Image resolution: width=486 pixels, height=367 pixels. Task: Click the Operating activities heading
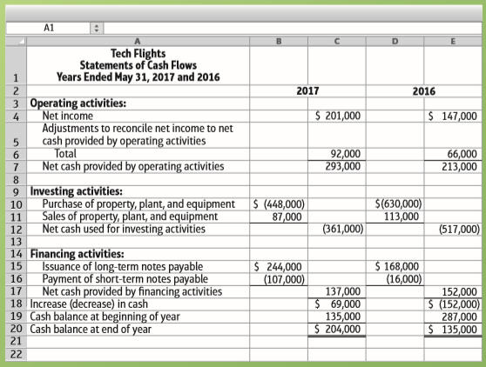coord(78,103)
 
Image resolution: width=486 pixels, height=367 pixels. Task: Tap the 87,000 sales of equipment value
coord(287,217)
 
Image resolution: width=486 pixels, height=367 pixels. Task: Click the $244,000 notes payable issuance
coord(278,267)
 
